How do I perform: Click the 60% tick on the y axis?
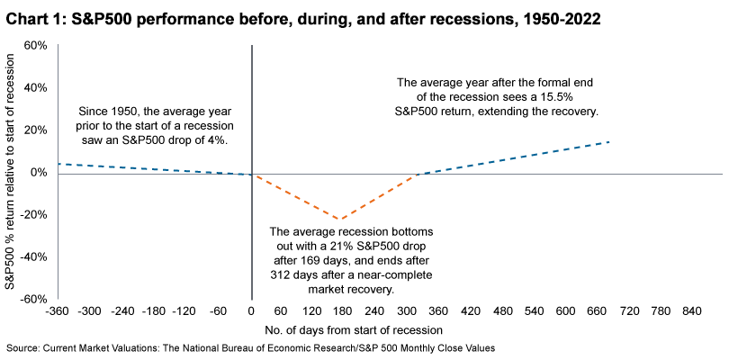coord(33,45)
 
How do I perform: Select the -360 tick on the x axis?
coord(58,310)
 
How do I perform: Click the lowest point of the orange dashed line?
coord(339,219)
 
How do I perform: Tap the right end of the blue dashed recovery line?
coord(610,141)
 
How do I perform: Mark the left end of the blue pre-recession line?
coord(58,164)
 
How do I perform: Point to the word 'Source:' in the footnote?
coord(24,347)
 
